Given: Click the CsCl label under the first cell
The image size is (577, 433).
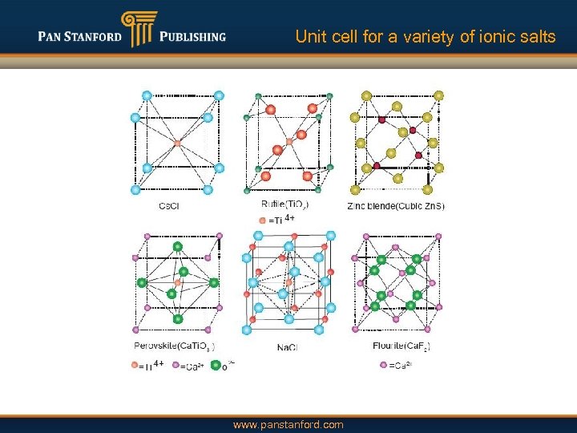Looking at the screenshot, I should [169, 206].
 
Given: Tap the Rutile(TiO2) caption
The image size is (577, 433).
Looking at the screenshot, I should [285, 204].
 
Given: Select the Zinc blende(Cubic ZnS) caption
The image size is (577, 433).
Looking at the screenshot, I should [396, 206].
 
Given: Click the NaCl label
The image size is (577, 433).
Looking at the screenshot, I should [288, 347].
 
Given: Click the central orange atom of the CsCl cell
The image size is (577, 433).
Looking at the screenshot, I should [177, 142].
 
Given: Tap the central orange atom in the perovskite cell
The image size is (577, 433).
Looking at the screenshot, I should [177, 282].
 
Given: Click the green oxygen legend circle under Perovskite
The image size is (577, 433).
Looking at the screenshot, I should [215, 366].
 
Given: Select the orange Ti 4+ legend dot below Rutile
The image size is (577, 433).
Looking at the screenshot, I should [262, 220].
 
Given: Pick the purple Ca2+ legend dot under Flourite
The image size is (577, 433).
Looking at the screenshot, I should [382, 365].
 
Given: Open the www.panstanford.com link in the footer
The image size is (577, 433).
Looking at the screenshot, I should [288, 424].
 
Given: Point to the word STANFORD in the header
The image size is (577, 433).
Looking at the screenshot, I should [95, 36].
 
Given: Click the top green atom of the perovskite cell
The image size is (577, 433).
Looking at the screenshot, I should [178, 247].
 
